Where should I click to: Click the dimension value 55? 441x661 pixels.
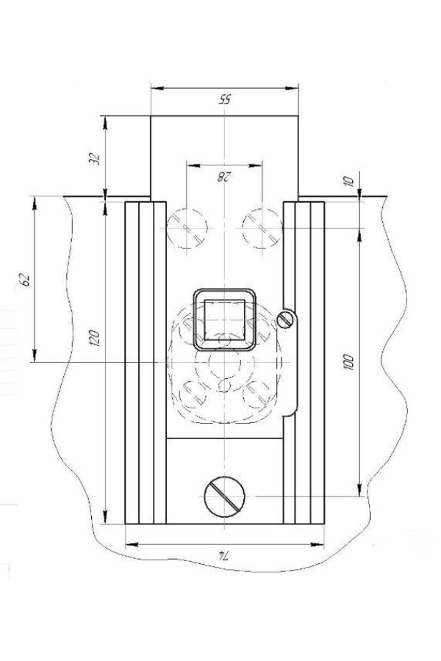pos(224,99)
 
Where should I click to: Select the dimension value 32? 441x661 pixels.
pos(96,159)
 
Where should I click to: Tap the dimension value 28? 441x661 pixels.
pos(223,176)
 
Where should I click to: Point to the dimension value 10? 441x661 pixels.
pos(348,181)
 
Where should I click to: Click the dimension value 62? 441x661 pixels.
pos(25,281)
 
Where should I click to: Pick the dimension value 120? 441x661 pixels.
pos(95,338)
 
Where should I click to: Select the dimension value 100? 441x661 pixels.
pos(348,363)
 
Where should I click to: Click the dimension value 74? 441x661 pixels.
pos(223,556)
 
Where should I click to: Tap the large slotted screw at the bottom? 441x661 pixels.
pos(224,496)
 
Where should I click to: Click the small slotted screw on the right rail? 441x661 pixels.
pos(285,320)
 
